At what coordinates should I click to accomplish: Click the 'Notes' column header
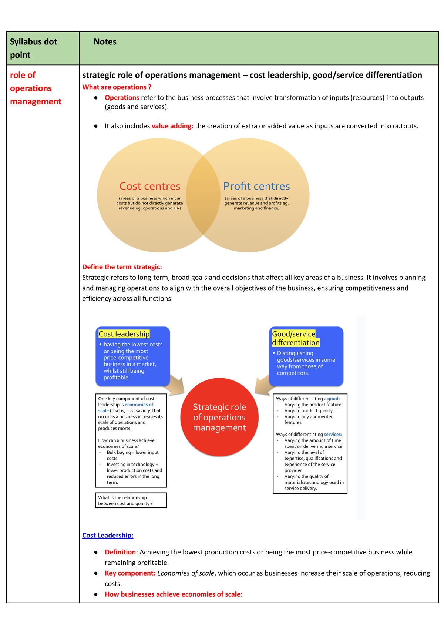click(x=105, y=42)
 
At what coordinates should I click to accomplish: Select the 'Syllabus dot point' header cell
click(x=33, y=48)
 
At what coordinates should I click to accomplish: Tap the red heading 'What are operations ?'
click(x=117, y=87)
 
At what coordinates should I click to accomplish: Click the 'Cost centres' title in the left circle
click(x=150, y=186)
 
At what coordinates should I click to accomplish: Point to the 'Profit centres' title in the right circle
click(x=256, y=186)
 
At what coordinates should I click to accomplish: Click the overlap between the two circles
click(x=203, y=195)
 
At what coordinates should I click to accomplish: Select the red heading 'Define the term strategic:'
click(x=122, y=267)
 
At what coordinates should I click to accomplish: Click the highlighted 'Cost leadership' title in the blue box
click(x=124, y=334)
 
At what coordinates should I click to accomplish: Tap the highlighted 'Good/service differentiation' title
click(x=296, y=338)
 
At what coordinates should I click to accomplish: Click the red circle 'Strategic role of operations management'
click(x=219, y=417)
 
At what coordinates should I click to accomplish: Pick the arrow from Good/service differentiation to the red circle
click(x=263, y=385)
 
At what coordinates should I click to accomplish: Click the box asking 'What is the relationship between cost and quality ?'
click(x=131, y=500)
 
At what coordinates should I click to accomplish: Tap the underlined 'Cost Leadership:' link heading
click(x=108, y=535)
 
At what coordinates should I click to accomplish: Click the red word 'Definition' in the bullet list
click(x=120, y=552)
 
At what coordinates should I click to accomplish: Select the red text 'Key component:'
click(x=130, y=573)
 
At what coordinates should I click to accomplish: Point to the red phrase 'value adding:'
click(x=172, y=126)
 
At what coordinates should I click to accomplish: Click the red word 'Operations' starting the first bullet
click(x=122, y=98)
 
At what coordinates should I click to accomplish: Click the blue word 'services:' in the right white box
click(x=333, y=434)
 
